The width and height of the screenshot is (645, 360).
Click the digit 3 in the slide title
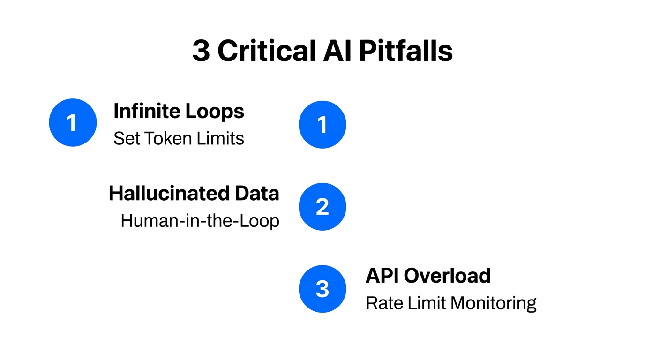tap(201, 51)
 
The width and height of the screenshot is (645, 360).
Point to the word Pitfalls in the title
tap(406, 51)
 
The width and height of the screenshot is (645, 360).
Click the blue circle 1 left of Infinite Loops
tap(73, 123)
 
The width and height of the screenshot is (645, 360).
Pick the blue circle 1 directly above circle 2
tap(322, 125)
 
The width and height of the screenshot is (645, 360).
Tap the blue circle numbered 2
tap(322, 207)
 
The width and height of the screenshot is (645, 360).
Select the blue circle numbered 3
tap(322, 289)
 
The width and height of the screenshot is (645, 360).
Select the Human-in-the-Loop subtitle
tap(200, 221)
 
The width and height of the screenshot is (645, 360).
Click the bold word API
tap(382, 276)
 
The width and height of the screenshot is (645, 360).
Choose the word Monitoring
tap(493, 303)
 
